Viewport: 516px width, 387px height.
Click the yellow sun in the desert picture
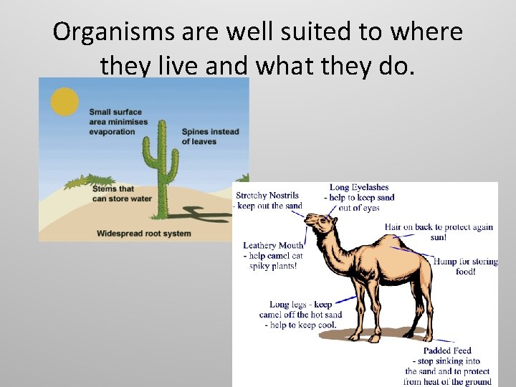(x=64, y=101)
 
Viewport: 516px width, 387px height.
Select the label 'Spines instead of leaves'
(x=210, y=136)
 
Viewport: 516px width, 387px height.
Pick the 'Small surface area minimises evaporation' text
(x=118, y=122)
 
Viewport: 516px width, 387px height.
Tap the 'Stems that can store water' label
(x=122, y=193)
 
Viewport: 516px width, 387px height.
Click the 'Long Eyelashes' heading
(x=359, y=188)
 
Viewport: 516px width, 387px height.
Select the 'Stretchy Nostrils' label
(x=267, y=195)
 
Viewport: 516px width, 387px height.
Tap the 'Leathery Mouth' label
(x=273, y=246)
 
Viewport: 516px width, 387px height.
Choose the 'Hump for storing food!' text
(x=465, y=267)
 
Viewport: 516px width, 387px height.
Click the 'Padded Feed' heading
(x=447, y=351)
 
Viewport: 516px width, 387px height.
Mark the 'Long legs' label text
(x=300, y=305)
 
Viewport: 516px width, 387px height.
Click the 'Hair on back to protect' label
(x=439, y=227)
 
